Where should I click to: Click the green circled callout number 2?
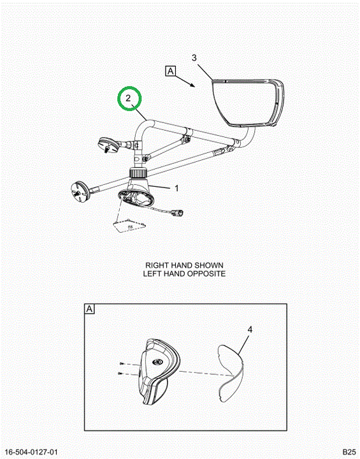coord(128,98)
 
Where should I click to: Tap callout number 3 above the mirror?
coord(194,58)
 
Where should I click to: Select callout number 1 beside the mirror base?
coord(176,188)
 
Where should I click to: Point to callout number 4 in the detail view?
coord(250,330)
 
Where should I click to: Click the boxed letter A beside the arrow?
coord(171,71)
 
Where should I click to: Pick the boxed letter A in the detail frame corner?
coord(90,309)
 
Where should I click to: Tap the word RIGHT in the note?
coord(157,265)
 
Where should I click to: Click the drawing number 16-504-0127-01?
coord(32,452)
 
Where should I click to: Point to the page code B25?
coord(349,452)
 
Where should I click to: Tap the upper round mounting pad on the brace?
coord(108,144)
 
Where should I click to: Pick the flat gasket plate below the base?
coord(129,225)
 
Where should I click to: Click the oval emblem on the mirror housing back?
coord(157,362)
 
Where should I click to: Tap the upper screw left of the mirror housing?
coord(122,363)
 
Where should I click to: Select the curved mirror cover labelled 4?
coord(231,373)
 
